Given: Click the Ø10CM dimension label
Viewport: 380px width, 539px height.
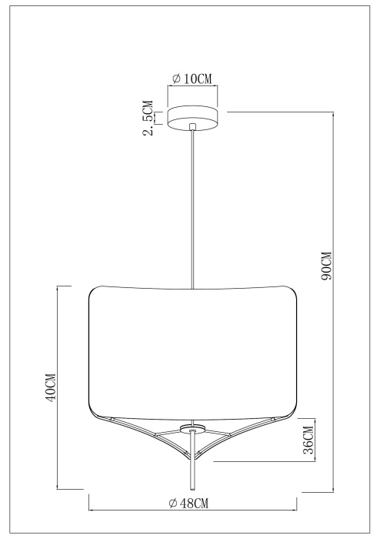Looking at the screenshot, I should pos(193,78).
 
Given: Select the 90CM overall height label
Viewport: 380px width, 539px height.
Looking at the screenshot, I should pos(325,266).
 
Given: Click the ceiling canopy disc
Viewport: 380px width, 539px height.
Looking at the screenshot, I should pos(193,116).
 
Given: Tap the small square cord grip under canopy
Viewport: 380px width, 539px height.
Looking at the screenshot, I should pos(193,127).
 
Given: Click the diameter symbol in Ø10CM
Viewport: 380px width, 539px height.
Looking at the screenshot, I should pos(176,78).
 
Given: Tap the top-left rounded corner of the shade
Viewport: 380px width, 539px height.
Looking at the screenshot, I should pos(95,293).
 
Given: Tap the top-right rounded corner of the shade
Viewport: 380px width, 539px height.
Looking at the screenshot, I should pos(292,293).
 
